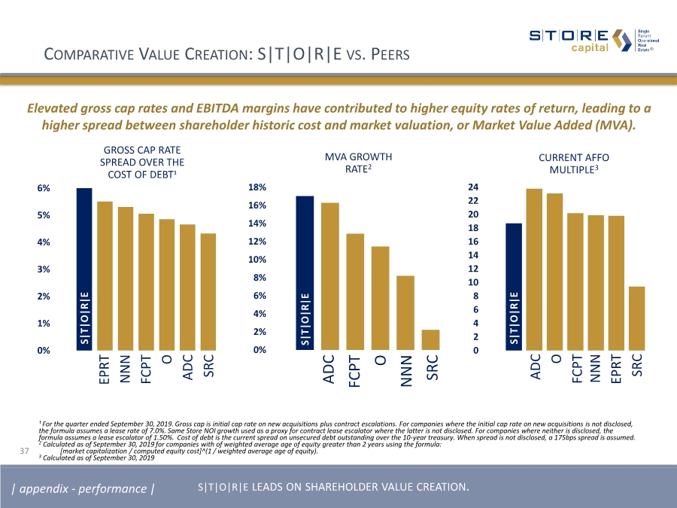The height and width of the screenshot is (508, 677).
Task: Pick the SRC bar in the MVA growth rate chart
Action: tap(431, 339)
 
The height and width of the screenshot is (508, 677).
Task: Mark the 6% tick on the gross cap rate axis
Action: tap(44, 188)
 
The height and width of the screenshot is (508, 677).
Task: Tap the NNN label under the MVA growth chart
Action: tap(406, 371)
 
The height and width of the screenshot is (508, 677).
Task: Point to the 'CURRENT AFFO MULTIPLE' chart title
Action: tap(574, 164)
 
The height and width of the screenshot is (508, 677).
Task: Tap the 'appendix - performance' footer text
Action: tap(83, 489)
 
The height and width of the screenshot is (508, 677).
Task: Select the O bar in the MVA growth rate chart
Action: tap(380, 298)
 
